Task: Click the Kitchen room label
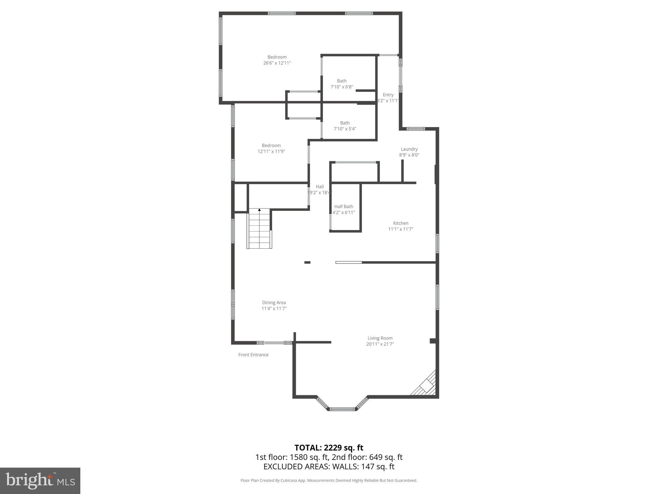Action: [401, 223]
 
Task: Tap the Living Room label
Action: [380, 338]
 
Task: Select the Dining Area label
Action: [274, 302]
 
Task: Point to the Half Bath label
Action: [343, 206]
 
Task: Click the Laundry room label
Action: [409, 149]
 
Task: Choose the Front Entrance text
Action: [253, 355]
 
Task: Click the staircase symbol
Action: [260, 228]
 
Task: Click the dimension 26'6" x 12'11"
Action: [277, 63]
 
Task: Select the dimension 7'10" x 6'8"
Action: [342, 87]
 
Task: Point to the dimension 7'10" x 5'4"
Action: [345, 129]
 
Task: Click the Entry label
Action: [388, 95]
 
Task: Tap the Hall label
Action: [320, 187]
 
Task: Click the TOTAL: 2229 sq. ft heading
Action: [329, 448]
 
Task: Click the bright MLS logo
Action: [40, 480]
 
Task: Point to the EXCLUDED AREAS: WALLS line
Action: [329, 467]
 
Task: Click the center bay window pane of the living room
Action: [342, 409]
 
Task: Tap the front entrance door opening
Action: [274, 343]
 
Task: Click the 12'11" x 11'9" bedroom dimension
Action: [271, 151]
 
